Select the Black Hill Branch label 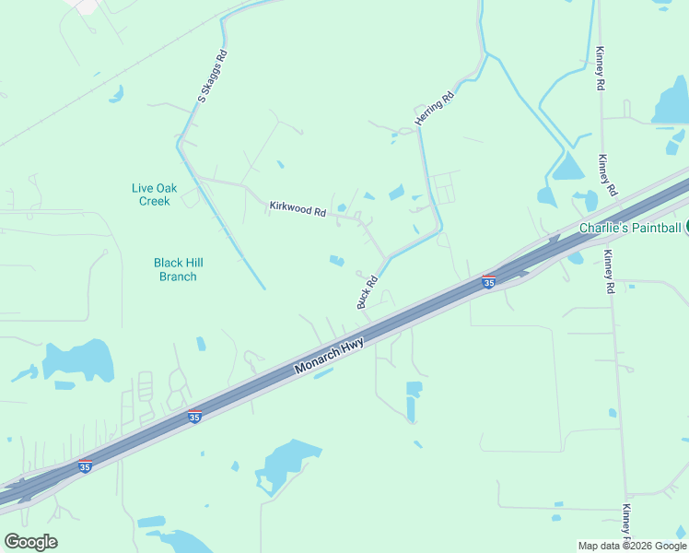pos(175,269)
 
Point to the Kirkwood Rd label pos(298,210)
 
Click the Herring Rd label pos(434,109)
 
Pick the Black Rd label pos(368,292)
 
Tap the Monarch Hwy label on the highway pos(330,356)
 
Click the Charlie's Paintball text pos(629,228)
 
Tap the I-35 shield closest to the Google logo pos(85,467)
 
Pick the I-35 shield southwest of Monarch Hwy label pos(194,418)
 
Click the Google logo pos(30,542)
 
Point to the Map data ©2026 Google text pos(632,546)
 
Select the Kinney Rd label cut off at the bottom pos(626,522)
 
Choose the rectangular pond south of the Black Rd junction pos(414,398)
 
